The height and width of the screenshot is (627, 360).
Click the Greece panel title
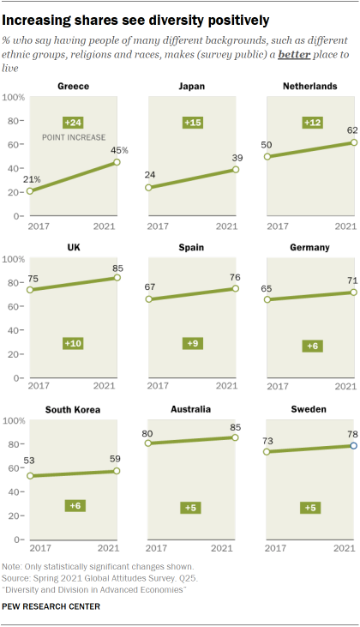(75, 87)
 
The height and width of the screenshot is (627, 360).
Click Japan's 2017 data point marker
(148, 188)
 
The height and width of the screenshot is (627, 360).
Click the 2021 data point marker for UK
(117, 277)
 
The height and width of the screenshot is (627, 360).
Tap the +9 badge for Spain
(192, 343)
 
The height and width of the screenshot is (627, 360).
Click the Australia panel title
(192, 409)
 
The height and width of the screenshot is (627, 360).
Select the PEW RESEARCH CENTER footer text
(51, 606)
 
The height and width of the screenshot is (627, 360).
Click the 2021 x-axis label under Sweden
(345, 547)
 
